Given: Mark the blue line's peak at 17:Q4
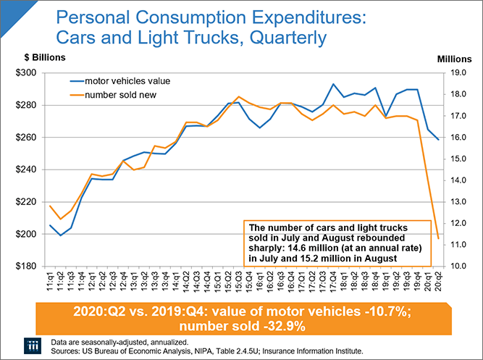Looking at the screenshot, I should tap(332, 84).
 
